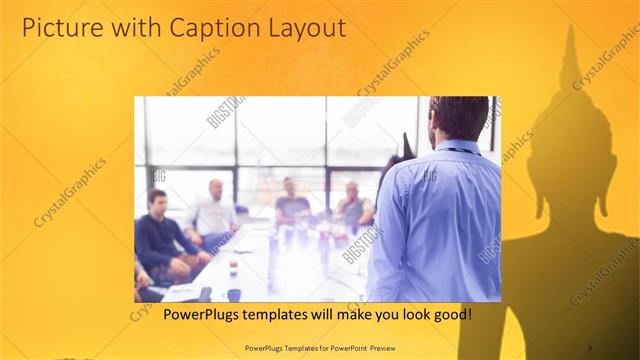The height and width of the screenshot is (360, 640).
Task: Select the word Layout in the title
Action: (302, 28)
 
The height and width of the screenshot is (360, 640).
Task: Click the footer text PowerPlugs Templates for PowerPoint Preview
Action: (319, 347)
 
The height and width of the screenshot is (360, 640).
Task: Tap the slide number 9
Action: (589, 347)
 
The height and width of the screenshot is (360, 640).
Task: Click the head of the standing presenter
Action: (459, 119)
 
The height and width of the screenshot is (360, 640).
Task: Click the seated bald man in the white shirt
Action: (213, 213)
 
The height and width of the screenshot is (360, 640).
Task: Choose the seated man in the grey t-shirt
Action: (291, 205)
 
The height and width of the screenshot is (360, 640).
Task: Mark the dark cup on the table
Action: (232, 293)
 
